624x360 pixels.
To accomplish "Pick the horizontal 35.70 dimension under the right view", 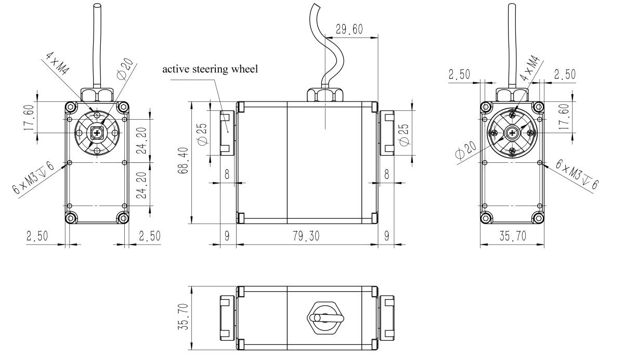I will pos(512,236).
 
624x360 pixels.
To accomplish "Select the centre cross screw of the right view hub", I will pos(513,133).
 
